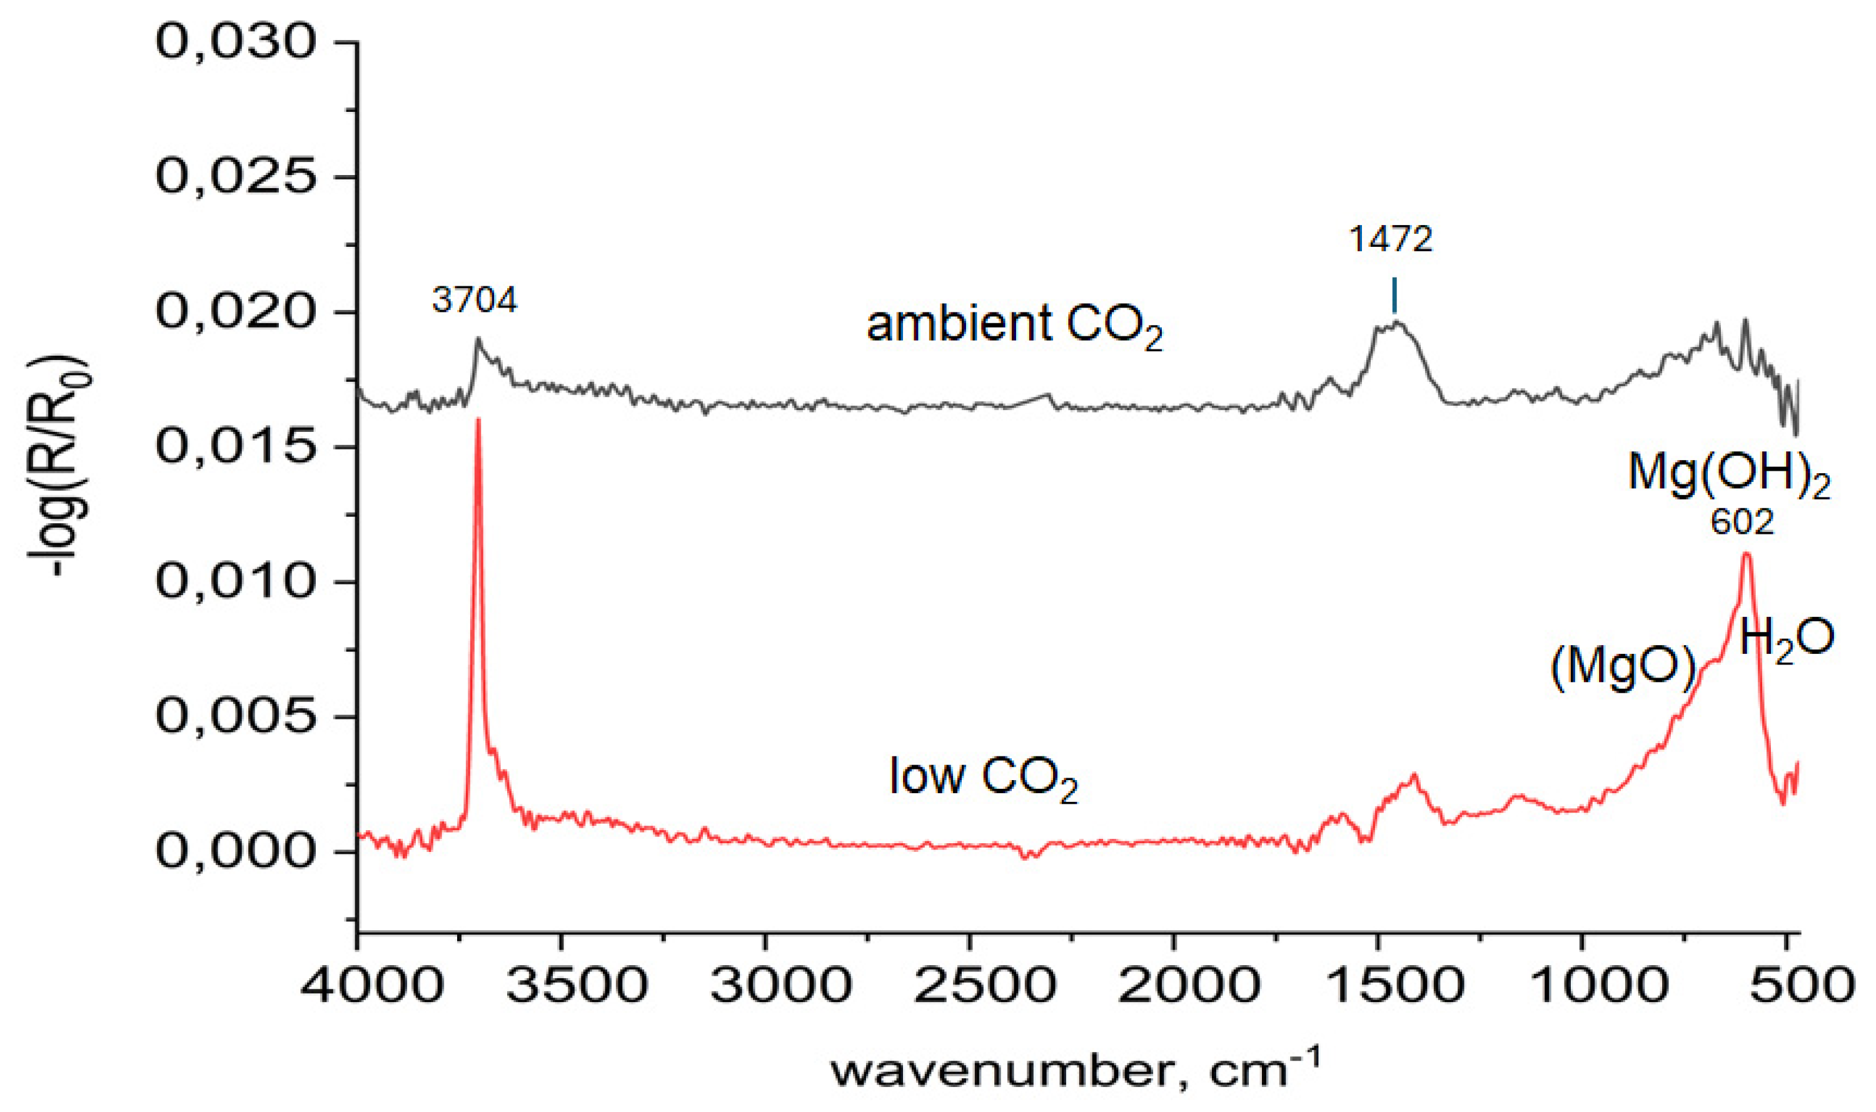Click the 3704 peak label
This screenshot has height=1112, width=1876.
pos(475,301)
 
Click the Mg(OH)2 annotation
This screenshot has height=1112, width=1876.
pos(1728,474)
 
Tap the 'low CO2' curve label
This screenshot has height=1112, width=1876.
pos(984,777)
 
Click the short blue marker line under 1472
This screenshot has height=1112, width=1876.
pos(1394,295)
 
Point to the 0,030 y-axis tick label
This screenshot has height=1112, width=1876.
pos(235,43)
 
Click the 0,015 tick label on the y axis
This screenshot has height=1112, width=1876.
pos(235,448)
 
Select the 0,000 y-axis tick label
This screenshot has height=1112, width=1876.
pos(235,852)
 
